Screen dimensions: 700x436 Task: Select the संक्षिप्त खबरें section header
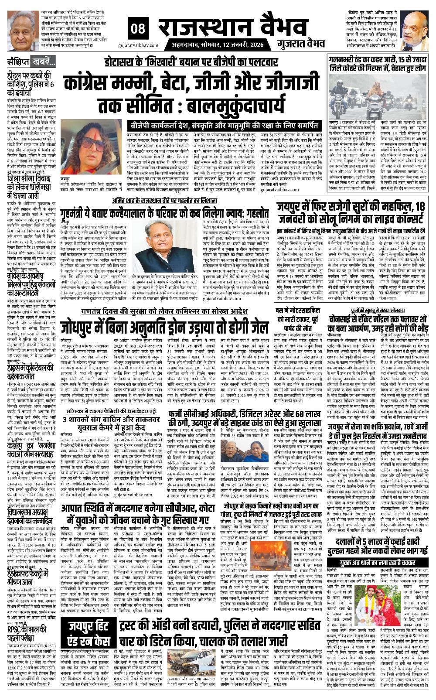point(28,61)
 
